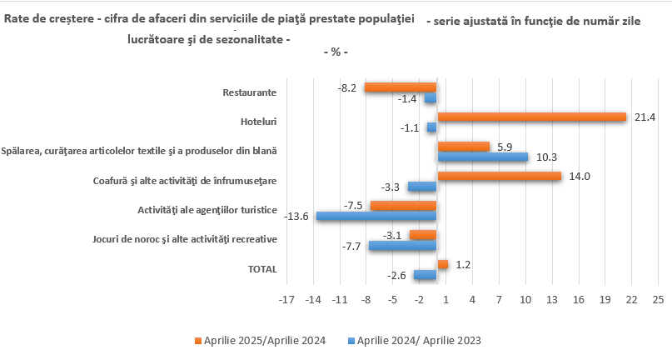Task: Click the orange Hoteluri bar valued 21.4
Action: pos(531,117)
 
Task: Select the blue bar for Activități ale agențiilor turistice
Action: pos(376,216)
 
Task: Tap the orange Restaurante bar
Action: pos(401,87)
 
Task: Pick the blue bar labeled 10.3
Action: pos(482,157)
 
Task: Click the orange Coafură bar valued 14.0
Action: pos(499,176)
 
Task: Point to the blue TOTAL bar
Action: pos(425,275)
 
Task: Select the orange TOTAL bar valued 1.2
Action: pos(442,264)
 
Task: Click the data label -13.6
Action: pos(297,217)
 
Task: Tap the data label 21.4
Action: pos(645,117)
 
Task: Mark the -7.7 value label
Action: pos(351,246)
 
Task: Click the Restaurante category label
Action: pos(250,92)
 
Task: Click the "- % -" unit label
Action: pos(335,52)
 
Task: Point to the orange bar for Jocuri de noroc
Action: pos(423,235)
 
